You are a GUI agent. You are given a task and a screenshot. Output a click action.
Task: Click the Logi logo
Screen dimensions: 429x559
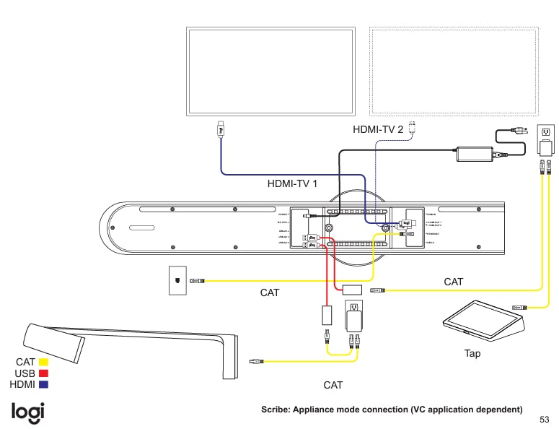click(28, 411)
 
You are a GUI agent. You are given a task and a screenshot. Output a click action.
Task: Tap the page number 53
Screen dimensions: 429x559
click(545, 419)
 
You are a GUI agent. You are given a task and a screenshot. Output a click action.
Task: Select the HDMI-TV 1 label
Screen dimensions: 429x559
click(293, 183)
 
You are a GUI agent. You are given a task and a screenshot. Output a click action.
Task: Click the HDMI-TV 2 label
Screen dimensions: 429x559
click(378, 129)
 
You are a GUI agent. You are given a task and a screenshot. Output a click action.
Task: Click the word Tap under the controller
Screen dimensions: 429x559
click(472, 354)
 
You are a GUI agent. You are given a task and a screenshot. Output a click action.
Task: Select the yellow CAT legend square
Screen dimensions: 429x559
click(43, 361)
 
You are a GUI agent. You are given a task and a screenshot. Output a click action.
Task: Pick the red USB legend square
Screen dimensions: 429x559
click(43, 373)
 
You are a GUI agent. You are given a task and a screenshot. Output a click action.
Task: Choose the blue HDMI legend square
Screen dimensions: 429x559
click(43, 384)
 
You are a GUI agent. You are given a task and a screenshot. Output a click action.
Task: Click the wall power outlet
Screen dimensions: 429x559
click(546, 132)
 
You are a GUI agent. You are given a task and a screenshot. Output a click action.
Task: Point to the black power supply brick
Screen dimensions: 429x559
click(473, 153)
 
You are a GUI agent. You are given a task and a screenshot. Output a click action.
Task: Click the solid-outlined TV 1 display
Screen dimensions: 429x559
click(271, 71)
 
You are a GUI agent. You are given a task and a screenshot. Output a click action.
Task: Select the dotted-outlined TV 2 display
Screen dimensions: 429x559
click(454, 71)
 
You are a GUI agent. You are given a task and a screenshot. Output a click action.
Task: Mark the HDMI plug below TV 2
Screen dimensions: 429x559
click(413, 128)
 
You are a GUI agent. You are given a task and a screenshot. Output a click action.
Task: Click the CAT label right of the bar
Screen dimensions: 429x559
click(454, 282)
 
